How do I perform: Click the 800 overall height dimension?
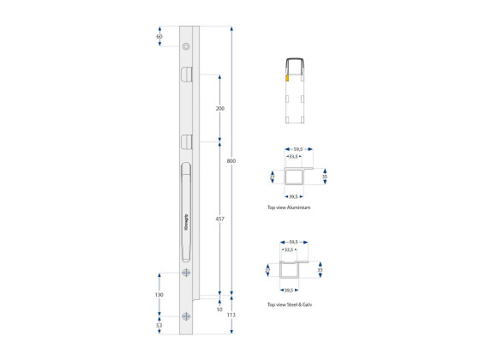[x=231, y=160]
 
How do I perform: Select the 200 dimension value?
[x=220, y=110]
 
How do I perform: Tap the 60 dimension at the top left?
[x=159, y=37]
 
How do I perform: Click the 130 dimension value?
[x=159, y=294]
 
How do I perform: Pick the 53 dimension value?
[x=159, y=326]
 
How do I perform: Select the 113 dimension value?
[x=231, y=315]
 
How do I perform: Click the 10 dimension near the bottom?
[x=220, y=309]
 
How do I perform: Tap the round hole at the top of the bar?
[x=186, y=45]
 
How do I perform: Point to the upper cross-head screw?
[x=186, y=273]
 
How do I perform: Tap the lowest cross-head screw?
[x=186, y=315]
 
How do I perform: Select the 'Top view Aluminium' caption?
[x=288, y=208]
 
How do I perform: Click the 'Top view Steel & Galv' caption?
[x=291, y=304]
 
